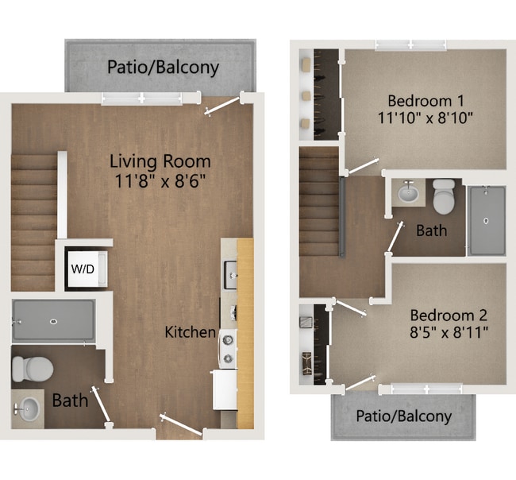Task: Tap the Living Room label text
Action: pos(160,161)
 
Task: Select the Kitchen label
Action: pos(190,331)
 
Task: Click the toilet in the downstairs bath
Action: pos(33,369)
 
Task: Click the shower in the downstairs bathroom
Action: pos(53,321)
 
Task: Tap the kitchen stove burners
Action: pos(228,346)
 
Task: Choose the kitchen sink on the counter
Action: pos(231,277)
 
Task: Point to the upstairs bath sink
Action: pos(409,193)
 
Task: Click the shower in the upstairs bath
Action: pos(486,220)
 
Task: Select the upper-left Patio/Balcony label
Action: pos(163,67)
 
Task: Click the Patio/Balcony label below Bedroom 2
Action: pos(403,416)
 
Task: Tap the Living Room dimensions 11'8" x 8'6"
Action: pos(160,180)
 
